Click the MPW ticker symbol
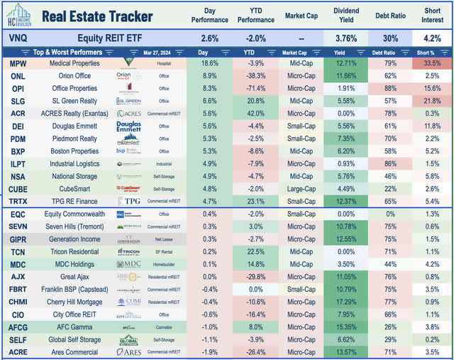[x=18, y=63]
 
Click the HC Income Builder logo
[x=18, y=16]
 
